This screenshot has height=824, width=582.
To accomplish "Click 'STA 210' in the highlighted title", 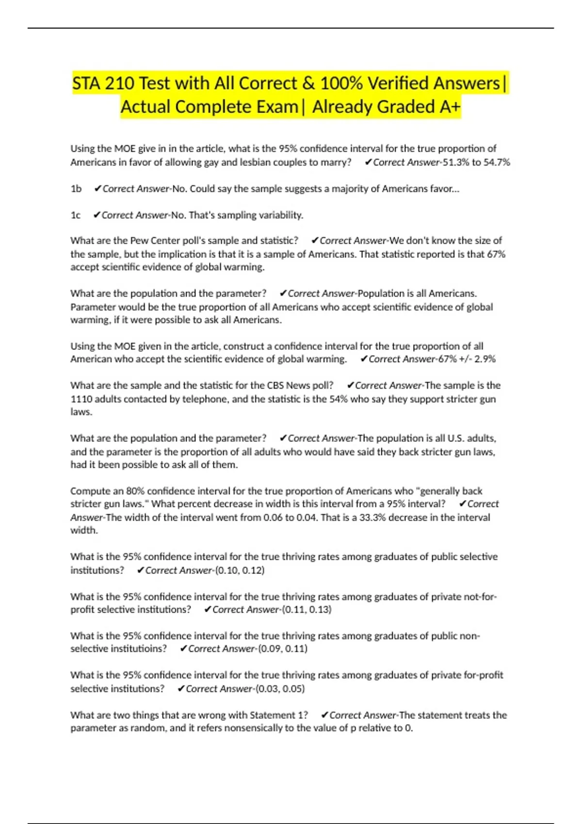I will coord(103,83).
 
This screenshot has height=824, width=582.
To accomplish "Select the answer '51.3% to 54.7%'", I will coord(476,162).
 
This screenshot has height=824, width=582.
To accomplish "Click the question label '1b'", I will coord(76,189).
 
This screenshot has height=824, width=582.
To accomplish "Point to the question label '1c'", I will coord(76,215).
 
